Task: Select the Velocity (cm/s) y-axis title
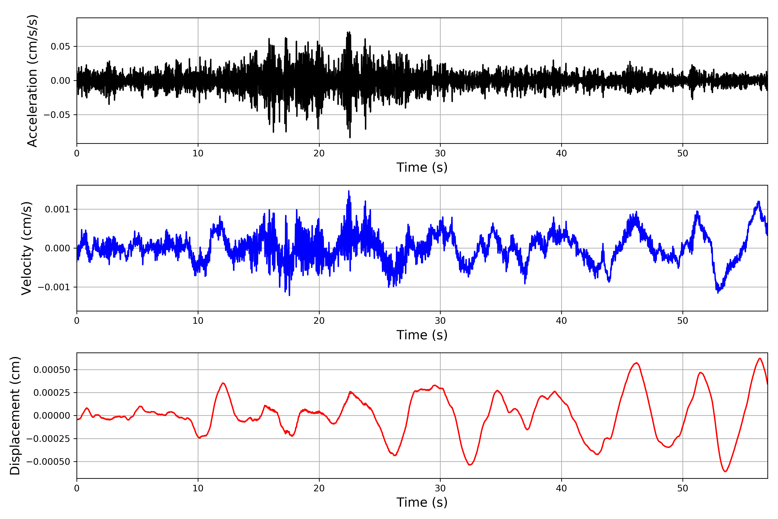[26, 248]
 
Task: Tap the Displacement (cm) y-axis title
[15, 416]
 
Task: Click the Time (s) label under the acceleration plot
[422, 167]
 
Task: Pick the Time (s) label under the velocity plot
[422, 335]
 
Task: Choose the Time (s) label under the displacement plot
[422, 502]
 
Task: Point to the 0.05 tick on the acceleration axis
[60, 46]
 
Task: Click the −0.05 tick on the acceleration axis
[57, 115]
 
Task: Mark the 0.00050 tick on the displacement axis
[52, 370]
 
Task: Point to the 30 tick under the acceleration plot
[440, 154]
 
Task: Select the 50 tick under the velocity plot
[682, 321]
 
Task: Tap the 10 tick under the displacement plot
[198, 488]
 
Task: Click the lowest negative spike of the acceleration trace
[350, 137]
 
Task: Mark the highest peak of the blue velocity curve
[349, 191]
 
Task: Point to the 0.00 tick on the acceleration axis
[60, 81]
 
